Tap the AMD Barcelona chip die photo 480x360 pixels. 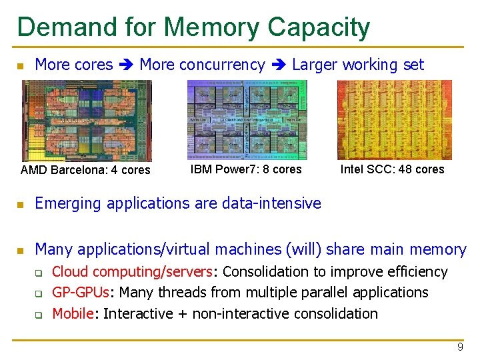tap(87, 120)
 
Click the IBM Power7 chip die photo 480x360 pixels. tap(247, 119)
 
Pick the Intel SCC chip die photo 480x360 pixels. tap(394, 119)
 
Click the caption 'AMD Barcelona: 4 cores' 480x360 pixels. tap(85, 170)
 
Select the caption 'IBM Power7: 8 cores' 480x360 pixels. tap(246, 169)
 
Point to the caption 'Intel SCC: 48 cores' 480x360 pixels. tap(392, 169)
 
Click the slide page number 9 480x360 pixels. tap(459, 347)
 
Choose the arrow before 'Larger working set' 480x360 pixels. tap(279, 65)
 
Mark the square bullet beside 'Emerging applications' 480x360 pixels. tap(21, 204)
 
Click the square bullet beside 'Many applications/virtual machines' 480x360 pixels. tap(21, 251)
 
